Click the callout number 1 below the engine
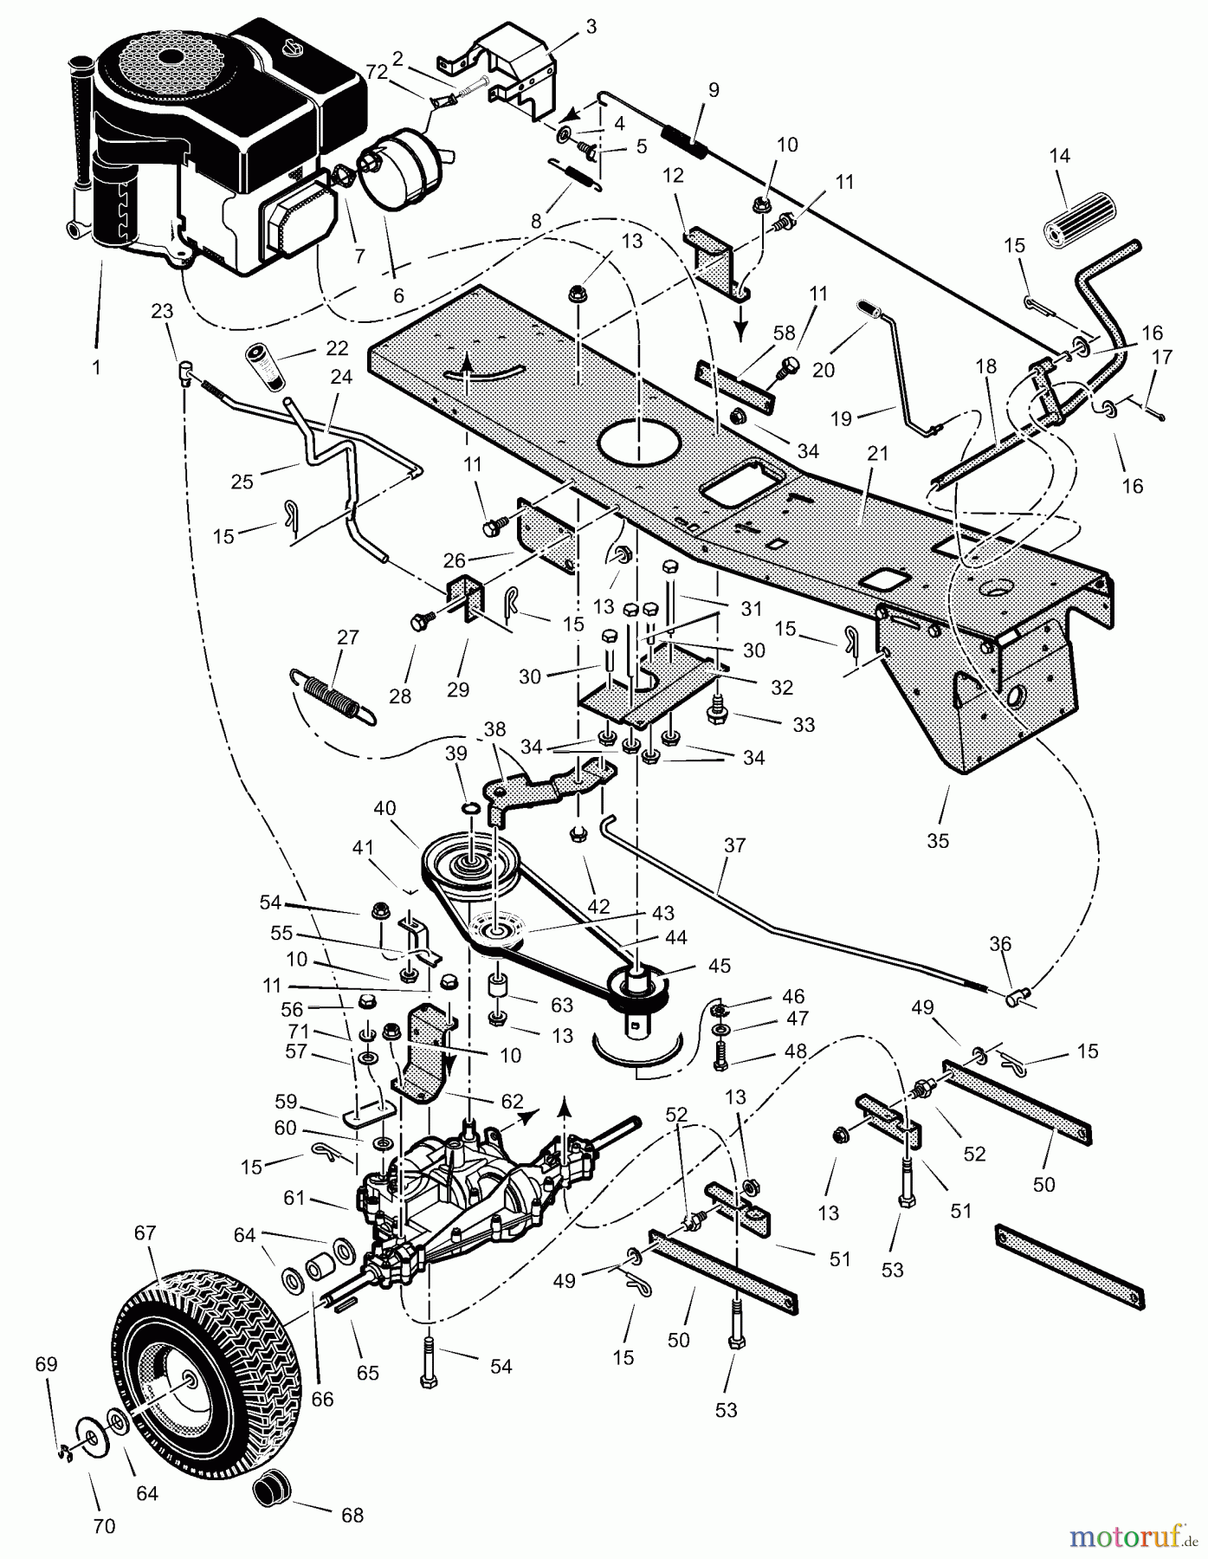pos(96,367)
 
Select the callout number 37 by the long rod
pos(734,844)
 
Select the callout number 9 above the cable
pos(713,89)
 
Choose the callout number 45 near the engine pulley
pos(720,965)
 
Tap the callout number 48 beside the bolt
pos(795,1051)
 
